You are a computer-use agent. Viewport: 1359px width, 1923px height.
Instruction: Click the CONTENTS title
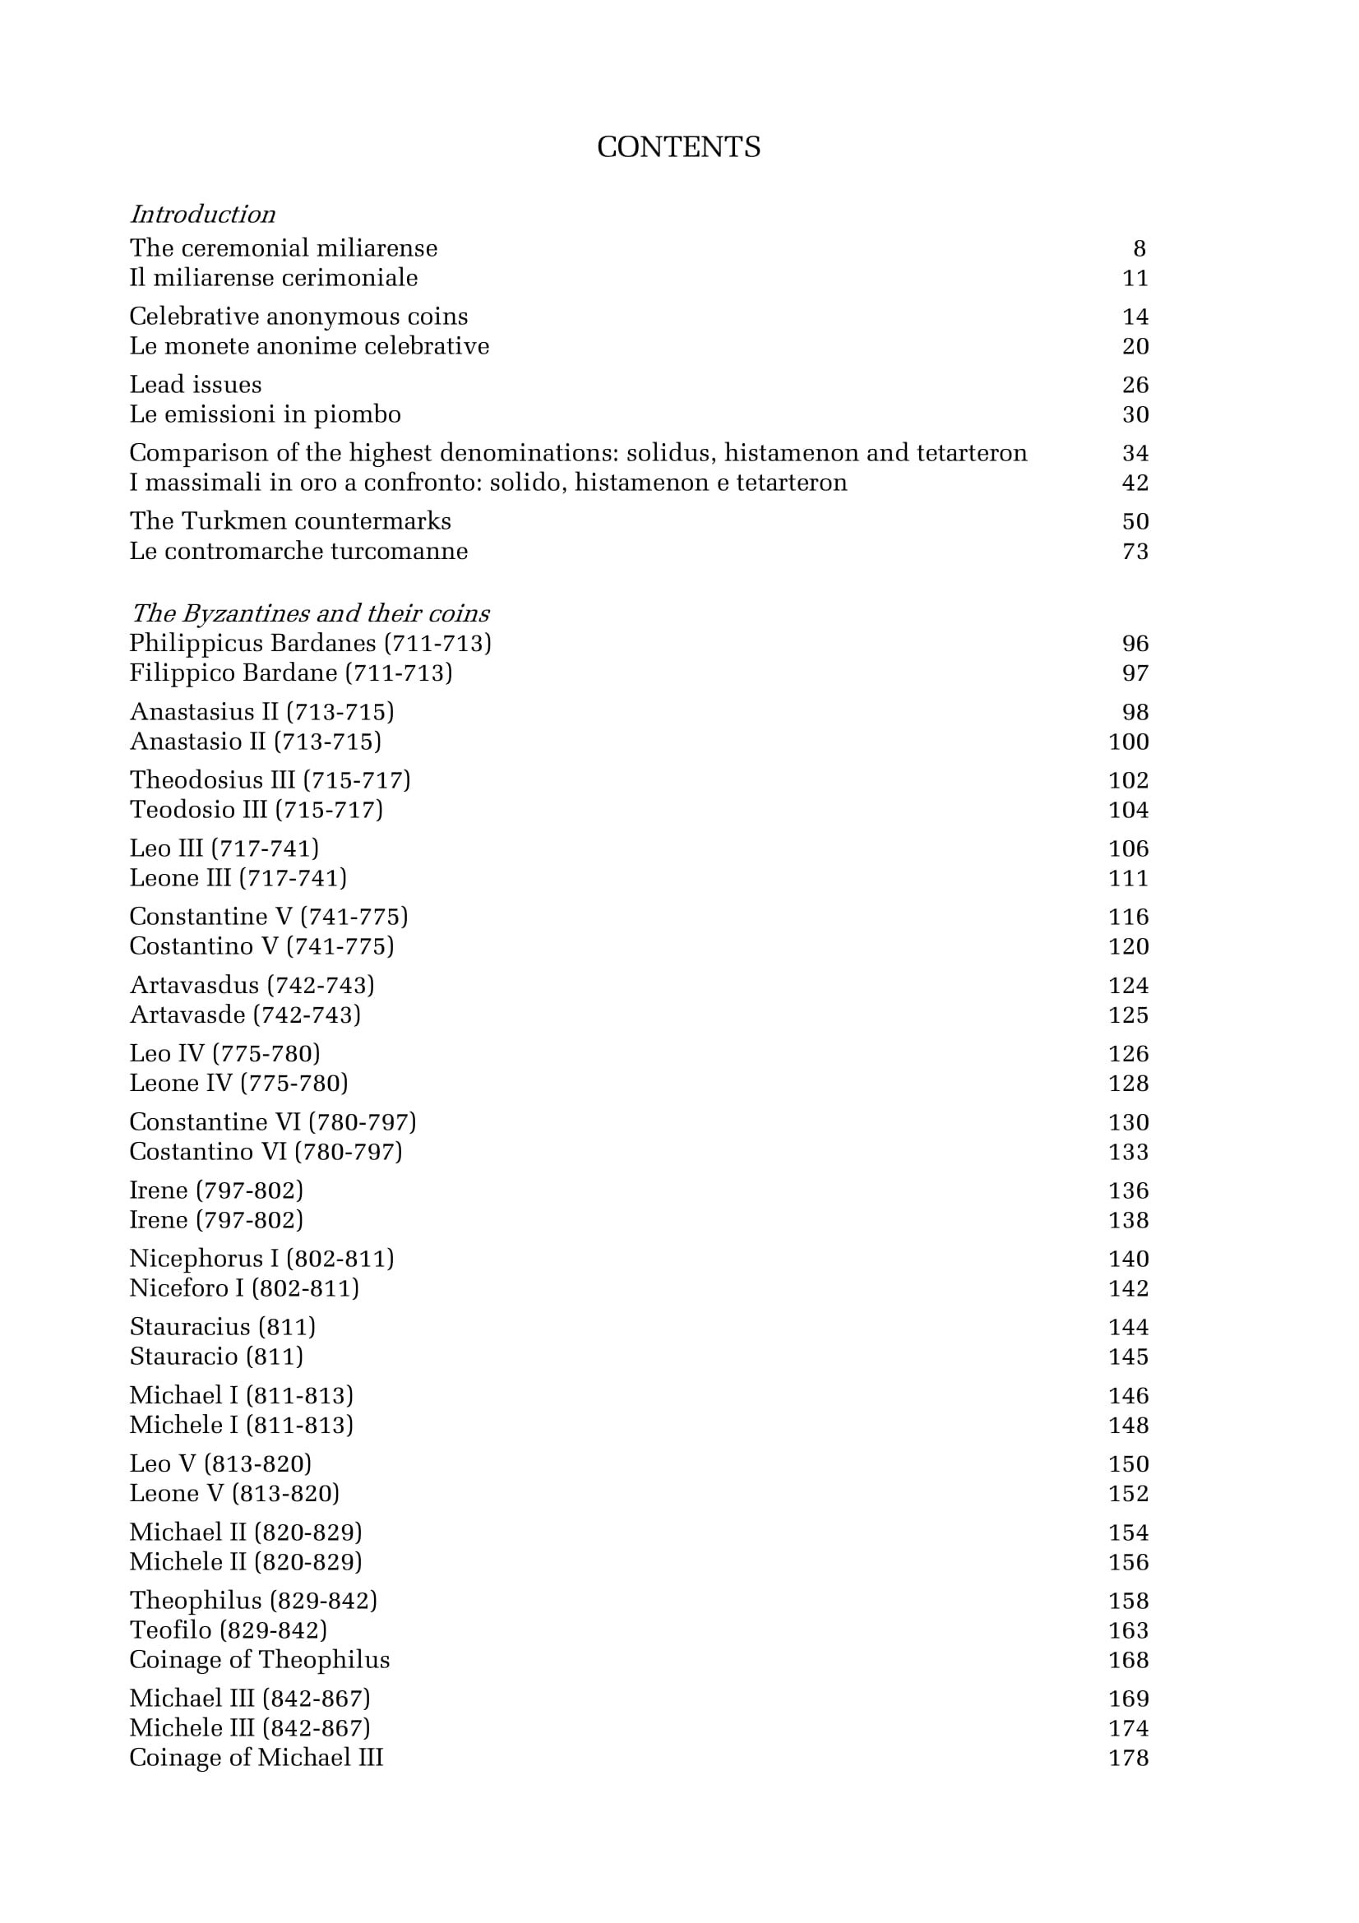(x=678, y=147)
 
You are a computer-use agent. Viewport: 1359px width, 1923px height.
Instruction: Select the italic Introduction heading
(x=202, y=215)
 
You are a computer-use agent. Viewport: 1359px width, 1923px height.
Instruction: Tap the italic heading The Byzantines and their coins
(x=310, y=613)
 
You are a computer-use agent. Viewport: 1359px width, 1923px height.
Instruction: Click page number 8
(x=1139, y=249)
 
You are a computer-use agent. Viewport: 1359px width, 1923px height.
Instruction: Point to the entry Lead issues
(x=195, y=385)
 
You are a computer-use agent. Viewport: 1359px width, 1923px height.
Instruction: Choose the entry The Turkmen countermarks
(x=289, y=521)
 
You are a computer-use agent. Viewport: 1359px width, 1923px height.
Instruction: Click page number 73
(x=1135, y=551)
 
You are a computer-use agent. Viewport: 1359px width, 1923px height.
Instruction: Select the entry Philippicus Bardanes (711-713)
(x=310, y=643)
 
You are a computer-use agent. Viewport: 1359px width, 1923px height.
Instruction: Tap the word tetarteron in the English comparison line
(x=971, y=453)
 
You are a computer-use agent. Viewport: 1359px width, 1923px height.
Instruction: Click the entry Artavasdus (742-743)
(x=252, y=985)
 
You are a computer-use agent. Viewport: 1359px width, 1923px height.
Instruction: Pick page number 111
(x=1128, y=878)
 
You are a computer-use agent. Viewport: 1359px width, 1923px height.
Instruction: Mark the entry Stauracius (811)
(x=223, y=1327)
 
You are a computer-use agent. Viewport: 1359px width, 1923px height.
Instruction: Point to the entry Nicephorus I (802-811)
(x=261, y=1259)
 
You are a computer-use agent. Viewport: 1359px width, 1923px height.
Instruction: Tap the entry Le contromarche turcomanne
(x=298, y=551)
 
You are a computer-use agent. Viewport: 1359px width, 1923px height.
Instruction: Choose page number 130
(x=1128, y=1122)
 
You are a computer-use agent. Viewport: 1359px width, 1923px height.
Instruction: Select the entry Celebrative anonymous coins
(x=298, y=317)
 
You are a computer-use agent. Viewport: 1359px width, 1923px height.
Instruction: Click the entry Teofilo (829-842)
(x=228, y=1629)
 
